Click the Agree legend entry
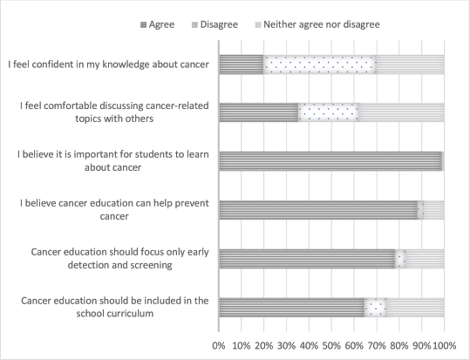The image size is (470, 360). (157, 24)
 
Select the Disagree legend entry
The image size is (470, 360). (215, 24)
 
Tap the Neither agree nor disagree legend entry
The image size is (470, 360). (317, 24)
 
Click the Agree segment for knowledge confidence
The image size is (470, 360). (242, 65)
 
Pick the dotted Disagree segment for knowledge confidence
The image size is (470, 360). (320, 65)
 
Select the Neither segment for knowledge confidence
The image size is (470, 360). (411, 65)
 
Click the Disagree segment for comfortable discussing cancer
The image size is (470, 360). (329, 112)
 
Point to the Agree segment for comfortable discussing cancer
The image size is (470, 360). (258, 112)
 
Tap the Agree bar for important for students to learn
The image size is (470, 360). (330, 161)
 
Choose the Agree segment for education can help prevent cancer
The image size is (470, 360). (318, 210)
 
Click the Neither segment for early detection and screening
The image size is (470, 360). (425, 259)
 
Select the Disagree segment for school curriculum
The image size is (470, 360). (375, 308)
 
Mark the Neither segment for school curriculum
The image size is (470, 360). (415, 308)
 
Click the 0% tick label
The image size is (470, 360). (219, 345)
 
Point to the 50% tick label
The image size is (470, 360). (331, 345)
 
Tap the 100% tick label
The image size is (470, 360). (445, 345)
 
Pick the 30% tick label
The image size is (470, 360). (286, 345)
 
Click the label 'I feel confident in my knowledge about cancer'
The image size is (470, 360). (108, 65)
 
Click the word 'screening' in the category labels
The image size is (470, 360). (151, 265)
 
